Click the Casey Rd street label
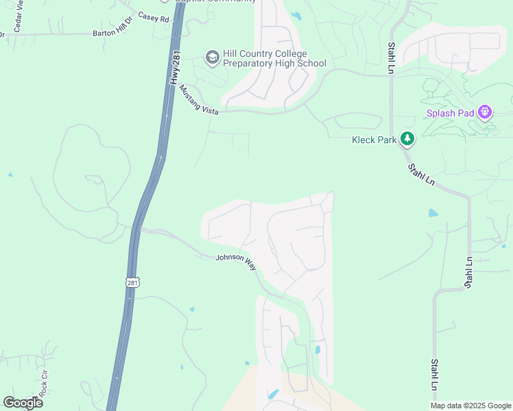point(153,18)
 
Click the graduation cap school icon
point(212,57)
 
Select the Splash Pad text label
point(451,113)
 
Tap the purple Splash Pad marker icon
point(486,110)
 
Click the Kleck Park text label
point(374,139)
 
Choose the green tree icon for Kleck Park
point(407,139)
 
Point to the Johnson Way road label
point(236,261)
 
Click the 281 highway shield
point(132,282)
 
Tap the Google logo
point(23,402)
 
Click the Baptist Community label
point(213,1)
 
